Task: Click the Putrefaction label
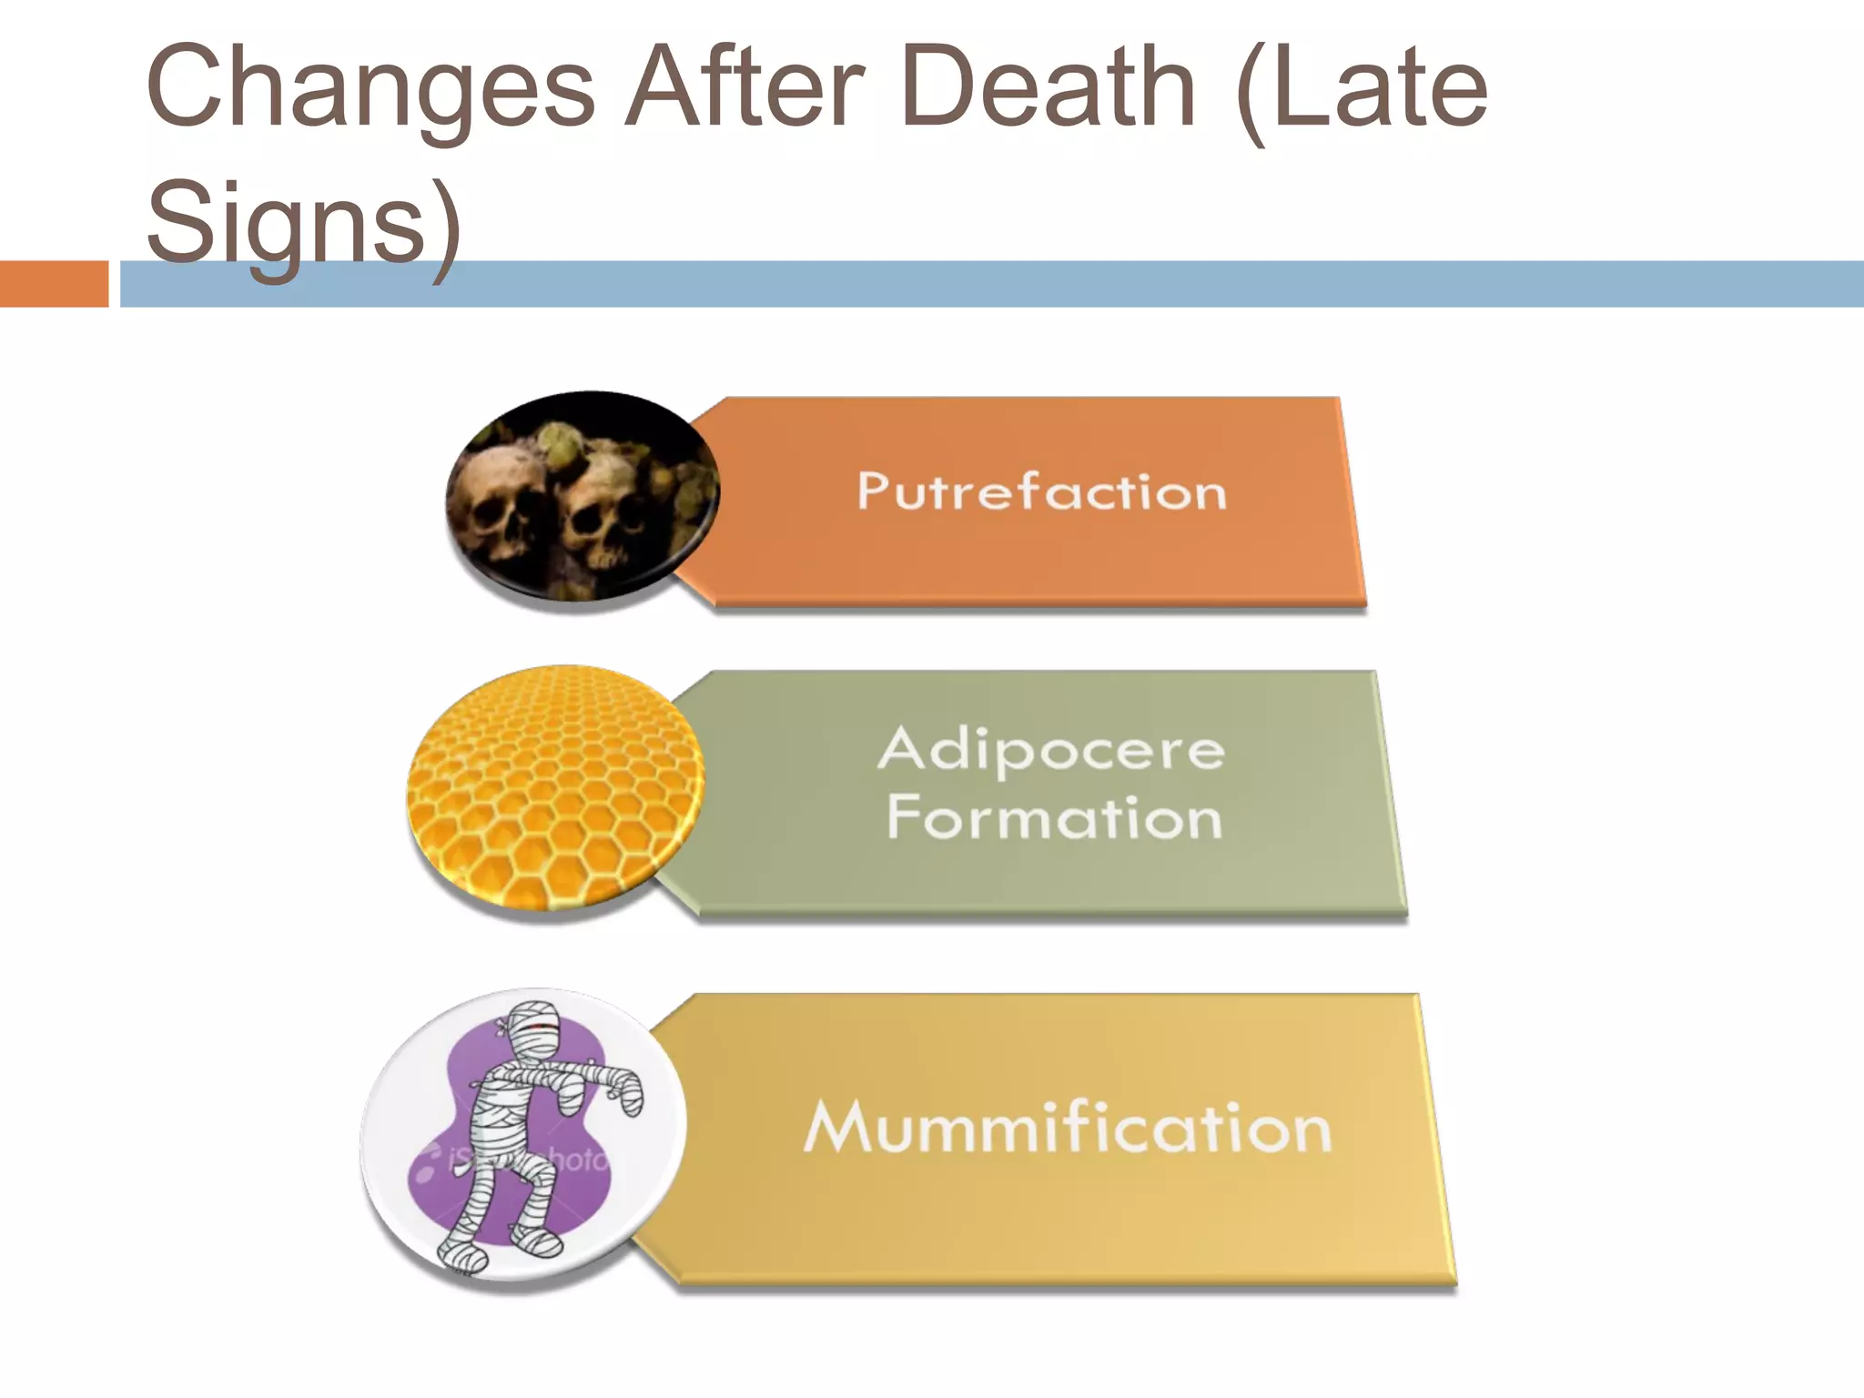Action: pyautogui.click(x=1042, y=492)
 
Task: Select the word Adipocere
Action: pyautogui.click(x=1051, y=750)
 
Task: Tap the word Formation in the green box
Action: pyautogui.click(x=1054, y=816)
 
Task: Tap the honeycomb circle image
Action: pyautogui.click(x=555, y=787)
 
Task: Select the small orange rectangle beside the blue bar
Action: pyautogui.click(x=54, y=284)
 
